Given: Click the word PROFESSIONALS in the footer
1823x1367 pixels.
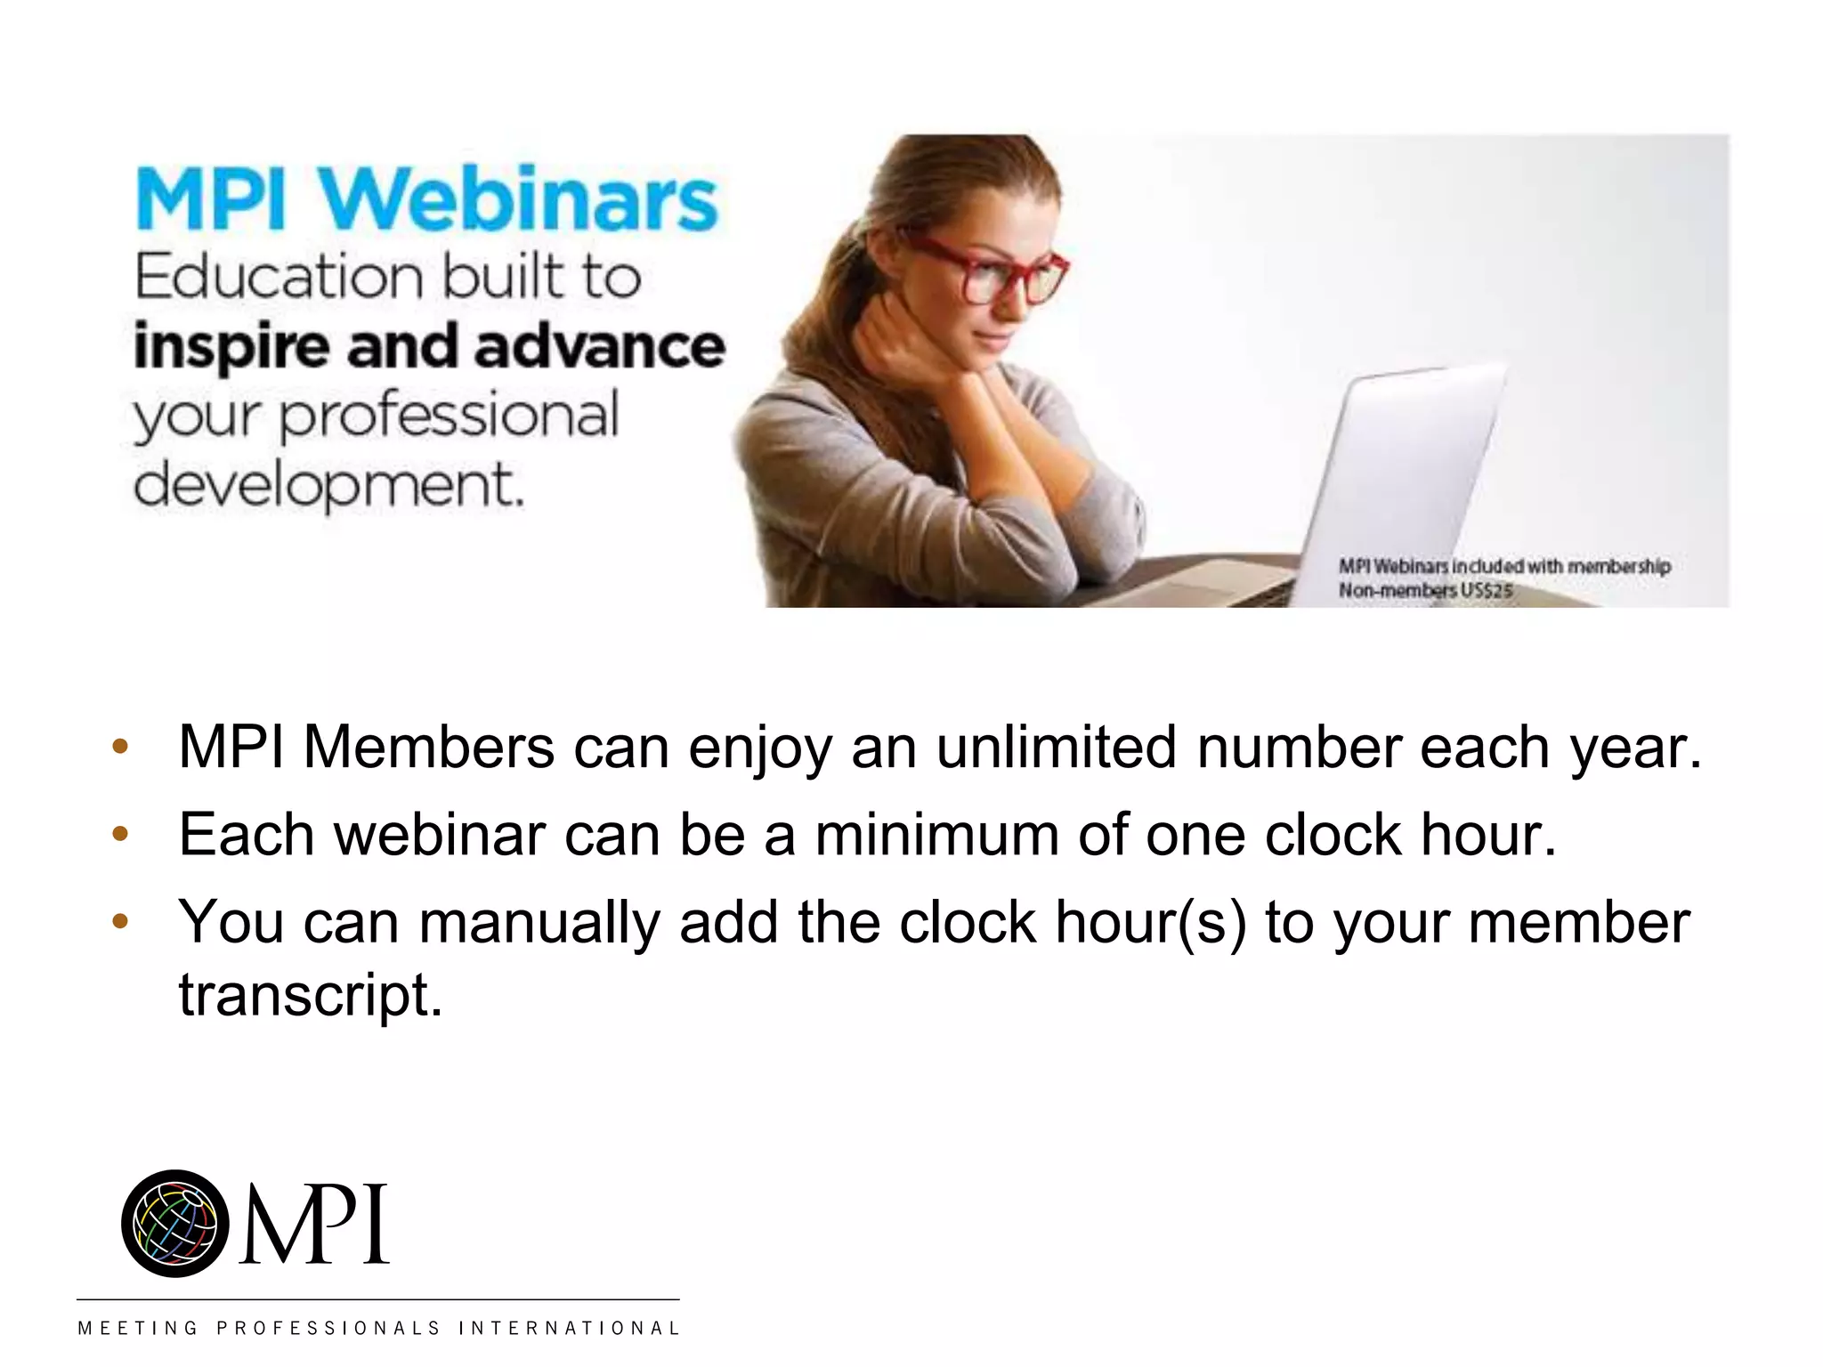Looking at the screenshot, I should click(x=328, y=1329).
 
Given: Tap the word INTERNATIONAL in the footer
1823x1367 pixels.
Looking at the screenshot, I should click(x=569, y=1329).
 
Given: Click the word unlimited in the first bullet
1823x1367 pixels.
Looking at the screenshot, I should click(x=1056, y=747).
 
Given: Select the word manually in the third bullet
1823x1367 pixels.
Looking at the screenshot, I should click(x=539, y=922).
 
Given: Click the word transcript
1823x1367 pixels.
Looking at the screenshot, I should click(x=310, y=994).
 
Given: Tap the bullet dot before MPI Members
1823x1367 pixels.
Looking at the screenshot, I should click(x=120, y=747).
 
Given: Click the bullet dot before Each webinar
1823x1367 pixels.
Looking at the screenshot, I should click(x=120, y=835).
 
